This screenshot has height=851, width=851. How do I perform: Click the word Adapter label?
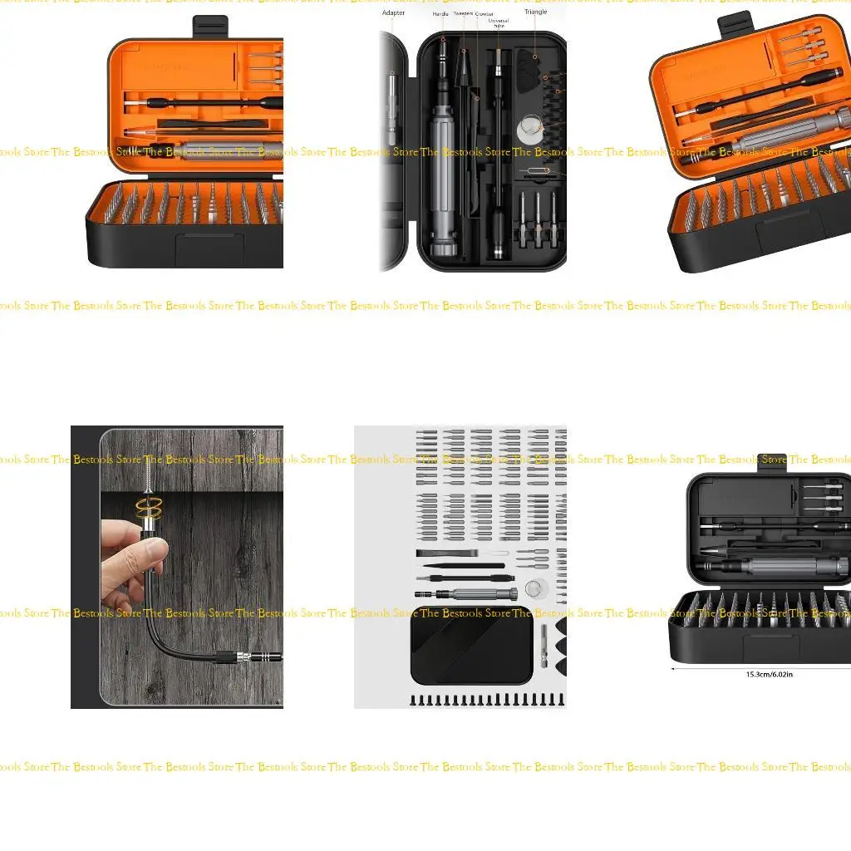pyautogui.click(x=393, y=13)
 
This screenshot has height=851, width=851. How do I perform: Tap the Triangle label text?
pyautogui.click(x=536, y=12)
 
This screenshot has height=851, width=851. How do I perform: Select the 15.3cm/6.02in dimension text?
pyautogui.click(x=769, y=674)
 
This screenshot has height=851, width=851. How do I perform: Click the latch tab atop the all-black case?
pyautogui.click(x=773, y=462)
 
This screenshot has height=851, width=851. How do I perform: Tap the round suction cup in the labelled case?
pyautogui.click(x=529, y=130)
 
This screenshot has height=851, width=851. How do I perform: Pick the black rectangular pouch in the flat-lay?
pyautogui.click(x=471, y=647)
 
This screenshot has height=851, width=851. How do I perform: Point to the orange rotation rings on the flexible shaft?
pyautogui.click(x=150, y=509)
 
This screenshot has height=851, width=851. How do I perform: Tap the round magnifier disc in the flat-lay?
pyautogui.click(x=536, y=589)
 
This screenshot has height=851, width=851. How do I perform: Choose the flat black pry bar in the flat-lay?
pyautogui.click(x=447, y=553)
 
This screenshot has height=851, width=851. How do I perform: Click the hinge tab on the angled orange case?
pyautogui.click(x=735, y=24)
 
